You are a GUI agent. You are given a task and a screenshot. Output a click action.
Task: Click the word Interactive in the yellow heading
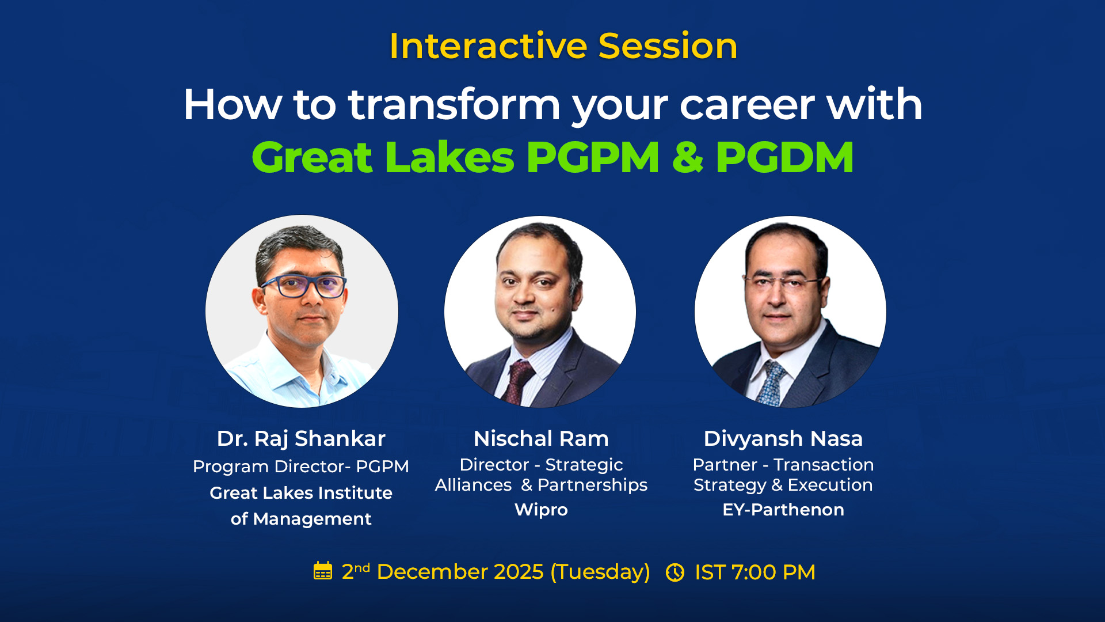coord(489,46)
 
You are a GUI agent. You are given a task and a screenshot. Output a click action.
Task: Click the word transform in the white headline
coord(454,105)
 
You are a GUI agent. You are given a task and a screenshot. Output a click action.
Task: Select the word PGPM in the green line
coord(592,157)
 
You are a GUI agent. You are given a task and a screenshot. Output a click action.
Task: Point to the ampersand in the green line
coord(688,157)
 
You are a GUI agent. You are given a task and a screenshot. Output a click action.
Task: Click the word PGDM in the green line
coord(784,157)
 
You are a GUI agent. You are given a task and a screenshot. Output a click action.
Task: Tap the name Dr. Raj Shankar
coord(301,439)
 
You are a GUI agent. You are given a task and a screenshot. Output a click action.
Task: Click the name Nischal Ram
coord(541,439)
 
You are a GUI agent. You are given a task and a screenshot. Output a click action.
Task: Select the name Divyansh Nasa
coord(783,439)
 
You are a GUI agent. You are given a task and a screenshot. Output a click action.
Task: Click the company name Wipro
coord(541,510)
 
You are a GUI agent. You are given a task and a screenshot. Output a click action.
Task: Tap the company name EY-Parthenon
coord(783,510)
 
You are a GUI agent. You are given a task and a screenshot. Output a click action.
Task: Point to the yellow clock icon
coord(675,572)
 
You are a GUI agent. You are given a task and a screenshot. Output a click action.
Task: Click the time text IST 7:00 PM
coord(755,572)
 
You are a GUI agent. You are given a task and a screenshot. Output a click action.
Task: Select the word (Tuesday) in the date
coord(600,572)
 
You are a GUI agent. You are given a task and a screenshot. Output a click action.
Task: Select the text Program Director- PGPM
coord(301,466)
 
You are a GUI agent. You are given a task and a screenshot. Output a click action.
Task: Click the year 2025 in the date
coord(519,572)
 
